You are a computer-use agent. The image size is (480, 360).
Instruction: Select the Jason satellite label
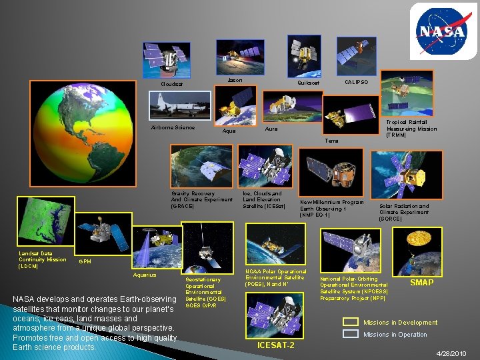pyautogui.click(x=235, y=81)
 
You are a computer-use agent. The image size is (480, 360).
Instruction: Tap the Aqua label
pyautogui.click(x=229, y=131)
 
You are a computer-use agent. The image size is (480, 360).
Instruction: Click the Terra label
pyautogui.click(x=331, y=141)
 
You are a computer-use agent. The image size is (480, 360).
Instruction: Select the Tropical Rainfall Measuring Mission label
pyautogui.click(x=411, y=129)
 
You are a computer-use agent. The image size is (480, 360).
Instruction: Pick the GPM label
pyautogui.click(x=85, y=261)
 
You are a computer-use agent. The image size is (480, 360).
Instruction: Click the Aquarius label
pyautogui.click(x=145, y=275)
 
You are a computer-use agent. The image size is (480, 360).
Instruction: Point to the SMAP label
pyautogui.click(x=421, y=283)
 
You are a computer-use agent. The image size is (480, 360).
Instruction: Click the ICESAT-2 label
pyautogui.click(x=276, y=345)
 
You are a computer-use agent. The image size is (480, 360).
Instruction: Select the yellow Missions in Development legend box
pyautogui.click(x=351, y=322)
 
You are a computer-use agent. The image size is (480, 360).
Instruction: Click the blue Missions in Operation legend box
pyautogui.click(x=351, y=334)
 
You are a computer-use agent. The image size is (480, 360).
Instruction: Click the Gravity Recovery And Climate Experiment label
pyautogui.click(x=201, y=200)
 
